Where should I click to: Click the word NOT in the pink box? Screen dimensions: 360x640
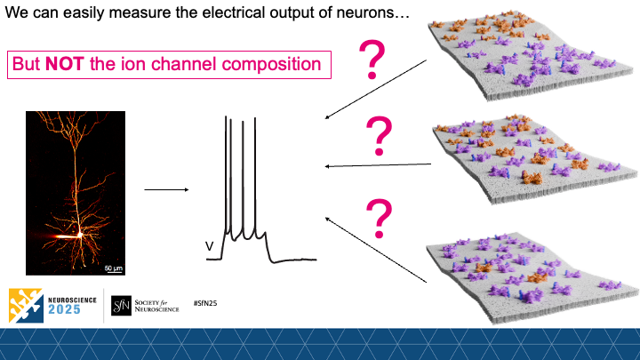tap(69, 65)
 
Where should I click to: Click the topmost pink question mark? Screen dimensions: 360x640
tap(374, 60)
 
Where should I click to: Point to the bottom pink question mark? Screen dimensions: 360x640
tap(380, 217)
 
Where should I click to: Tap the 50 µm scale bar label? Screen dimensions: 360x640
tap(114, 267)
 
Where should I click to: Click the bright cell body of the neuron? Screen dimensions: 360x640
tap(79, 235)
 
